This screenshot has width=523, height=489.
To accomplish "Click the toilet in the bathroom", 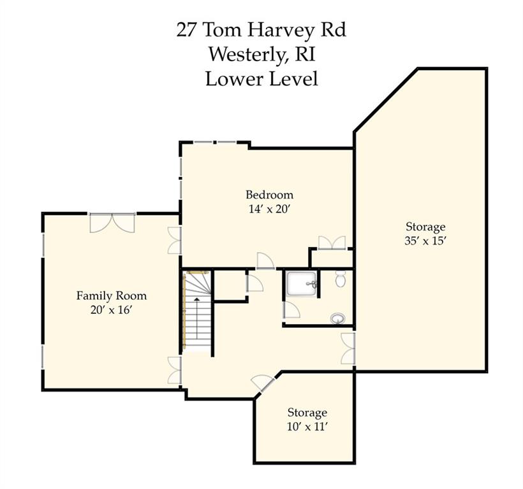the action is [340, 279].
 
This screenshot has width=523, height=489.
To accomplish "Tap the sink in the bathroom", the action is [338, 318].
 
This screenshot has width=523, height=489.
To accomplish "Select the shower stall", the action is [301, 283].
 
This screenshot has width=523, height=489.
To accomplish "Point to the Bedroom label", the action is [270, 194].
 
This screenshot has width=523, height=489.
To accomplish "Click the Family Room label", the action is [112, 295].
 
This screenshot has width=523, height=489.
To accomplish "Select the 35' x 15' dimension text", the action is [425, 241].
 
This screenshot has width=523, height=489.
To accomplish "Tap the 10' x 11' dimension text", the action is [307, 427].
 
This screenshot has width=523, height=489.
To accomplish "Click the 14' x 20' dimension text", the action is [270, 209].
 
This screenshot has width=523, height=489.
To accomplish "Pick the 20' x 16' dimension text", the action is [112, 310].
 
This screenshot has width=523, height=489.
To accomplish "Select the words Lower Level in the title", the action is [261, 79].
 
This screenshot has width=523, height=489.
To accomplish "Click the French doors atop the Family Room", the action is [112, 222].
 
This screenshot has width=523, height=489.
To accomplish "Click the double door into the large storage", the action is [348, 348].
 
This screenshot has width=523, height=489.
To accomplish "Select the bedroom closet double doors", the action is [332, 243].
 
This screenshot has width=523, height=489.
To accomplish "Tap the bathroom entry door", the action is [291, 310].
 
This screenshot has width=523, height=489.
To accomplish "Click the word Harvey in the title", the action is [281, 31].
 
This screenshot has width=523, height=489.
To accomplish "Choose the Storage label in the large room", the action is [425, 227].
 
